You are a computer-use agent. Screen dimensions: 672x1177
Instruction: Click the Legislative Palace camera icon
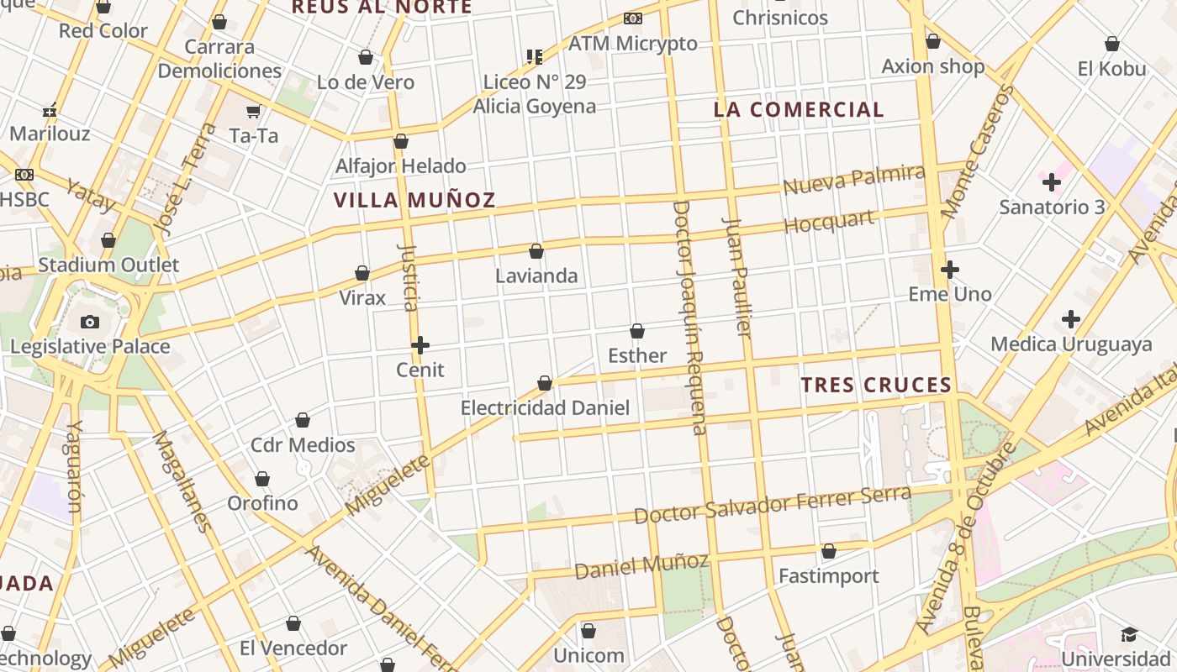click(90, 322)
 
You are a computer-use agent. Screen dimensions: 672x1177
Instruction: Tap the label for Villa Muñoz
click(414, 201)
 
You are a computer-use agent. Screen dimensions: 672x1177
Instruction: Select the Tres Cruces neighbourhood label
click(875, 386)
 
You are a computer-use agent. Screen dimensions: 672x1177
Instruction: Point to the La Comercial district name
click(799, 110)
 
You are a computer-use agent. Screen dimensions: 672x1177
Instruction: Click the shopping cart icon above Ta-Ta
click(253, 111)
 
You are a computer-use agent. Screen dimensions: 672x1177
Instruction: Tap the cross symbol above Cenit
click(420, 345)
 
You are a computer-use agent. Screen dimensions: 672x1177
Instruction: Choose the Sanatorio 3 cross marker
click(1051, 181)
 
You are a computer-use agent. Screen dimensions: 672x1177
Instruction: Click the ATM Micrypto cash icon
click(633, 18)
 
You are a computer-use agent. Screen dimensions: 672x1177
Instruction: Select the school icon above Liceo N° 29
click(534, 57)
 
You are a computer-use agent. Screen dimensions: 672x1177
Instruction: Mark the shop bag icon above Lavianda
click(536, 251)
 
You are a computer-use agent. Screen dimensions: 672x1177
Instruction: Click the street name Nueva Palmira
click(853, 180)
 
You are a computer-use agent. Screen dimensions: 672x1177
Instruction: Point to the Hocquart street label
click(829, 223)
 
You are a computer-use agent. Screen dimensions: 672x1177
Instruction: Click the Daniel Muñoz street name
click(641, 565)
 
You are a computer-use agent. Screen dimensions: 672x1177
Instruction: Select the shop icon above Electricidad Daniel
click(545, 384)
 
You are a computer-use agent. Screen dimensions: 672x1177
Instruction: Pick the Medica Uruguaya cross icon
click(1070, 319)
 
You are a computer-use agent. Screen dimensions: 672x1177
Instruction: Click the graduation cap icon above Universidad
click(1129, 634)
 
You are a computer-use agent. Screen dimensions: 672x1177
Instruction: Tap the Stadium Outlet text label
click(108, 265)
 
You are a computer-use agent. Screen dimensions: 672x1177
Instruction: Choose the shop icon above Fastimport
click(829, 552)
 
